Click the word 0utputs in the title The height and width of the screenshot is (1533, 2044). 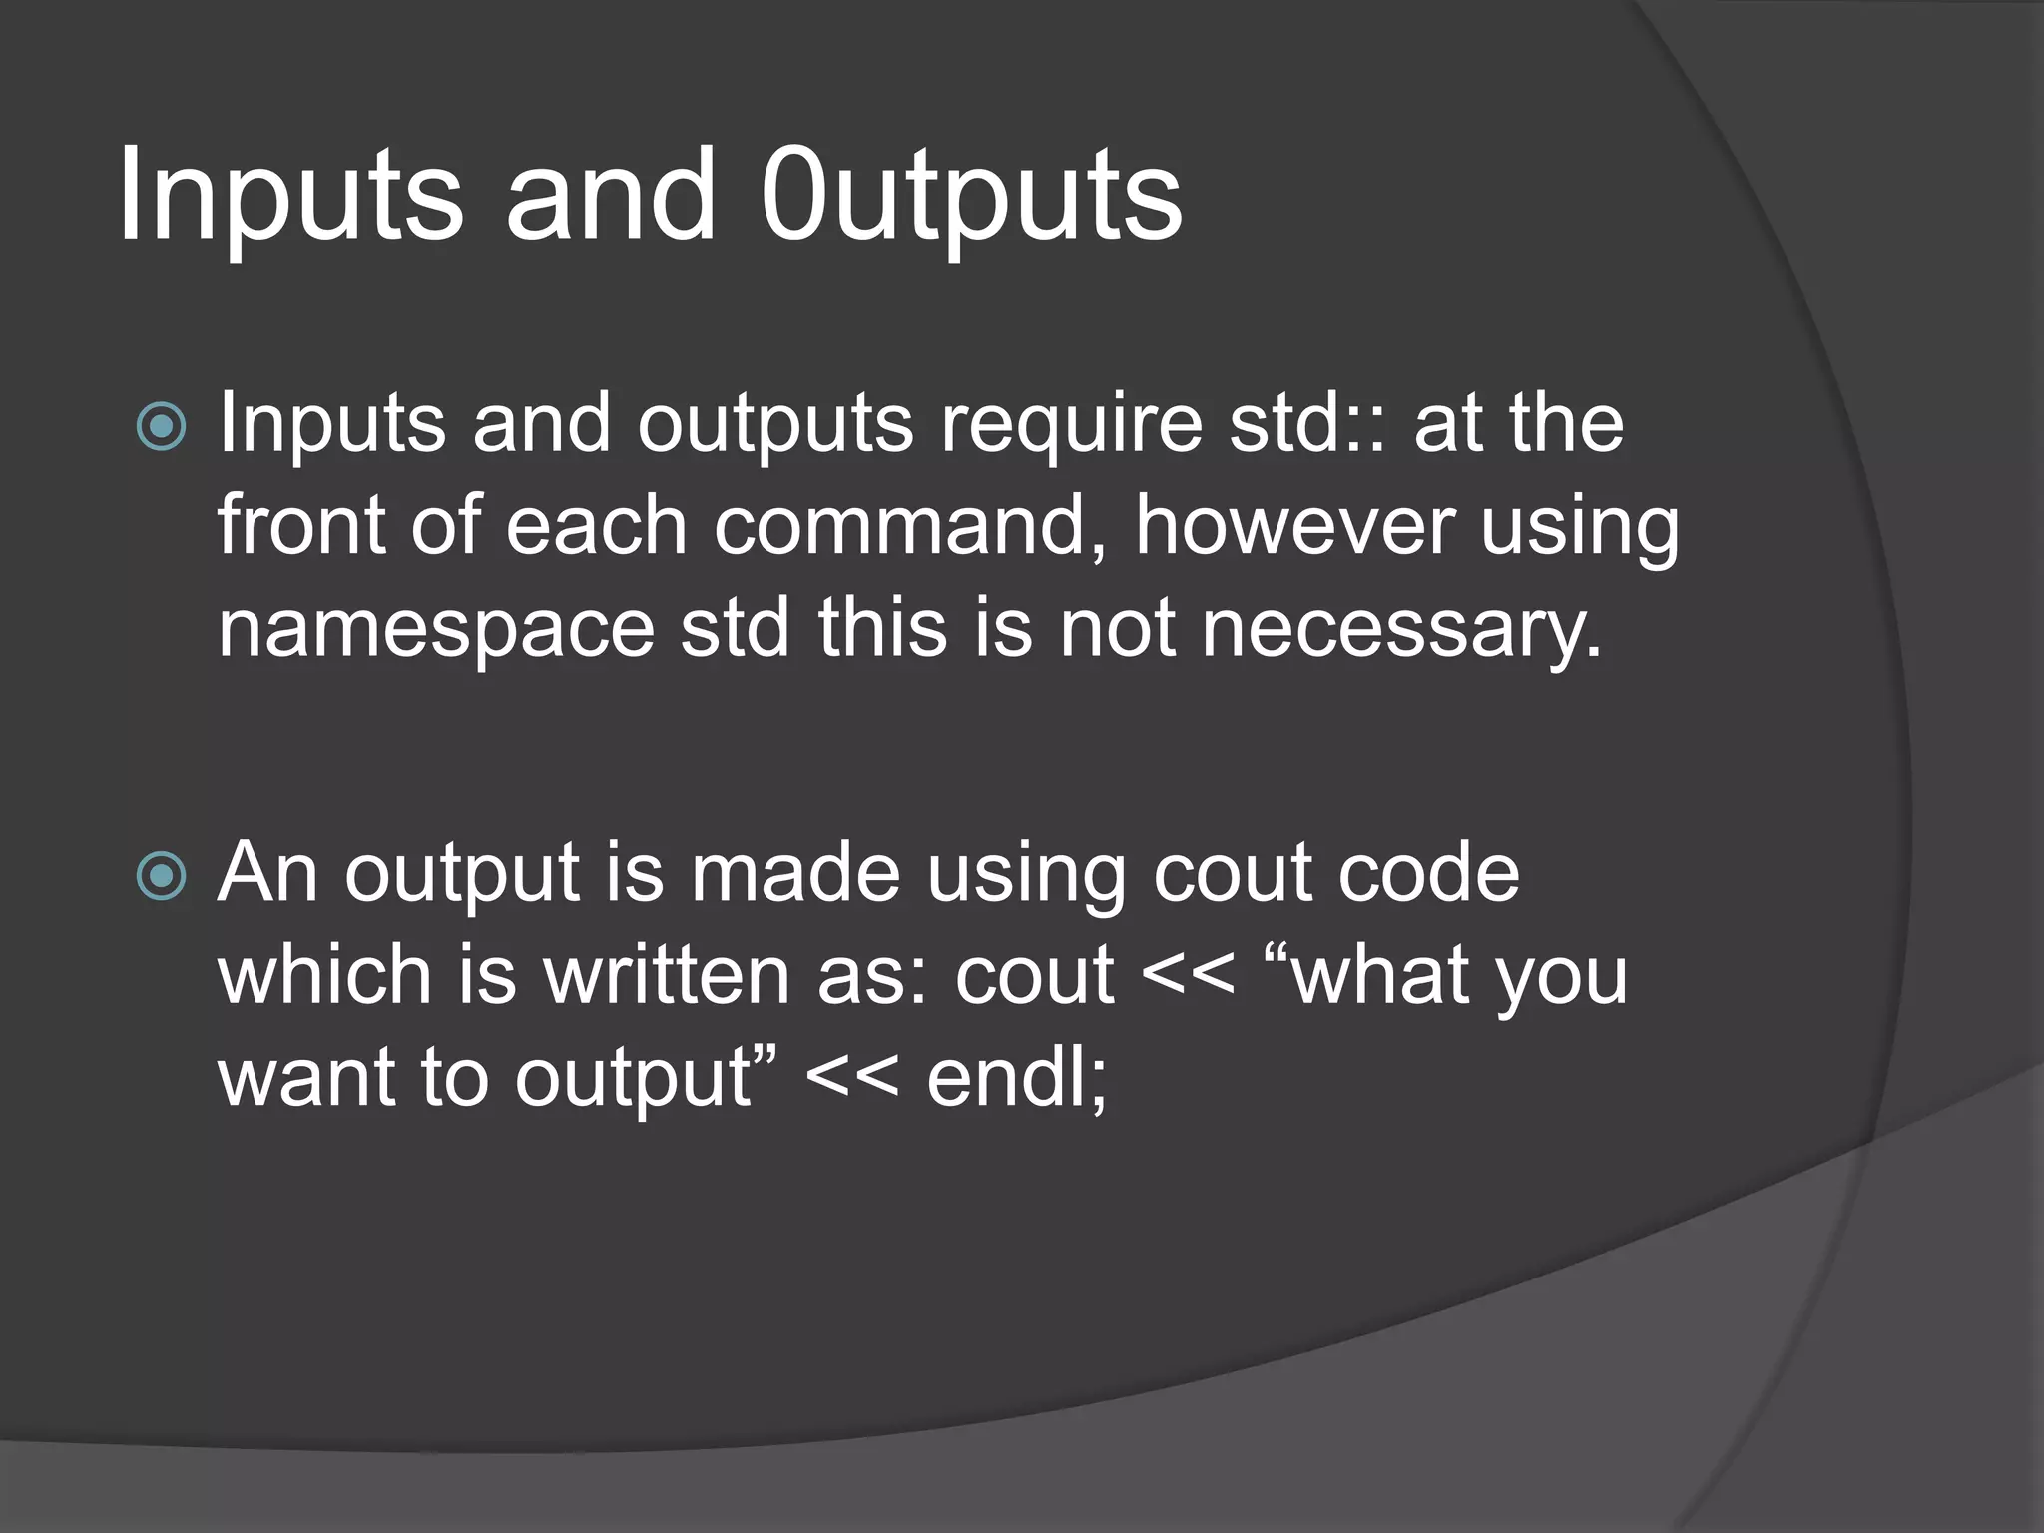970,198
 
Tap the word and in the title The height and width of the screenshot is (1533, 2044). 611,198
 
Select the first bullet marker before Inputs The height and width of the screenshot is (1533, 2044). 161,427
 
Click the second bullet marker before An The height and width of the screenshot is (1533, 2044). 161,877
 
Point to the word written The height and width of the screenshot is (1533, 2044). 668,976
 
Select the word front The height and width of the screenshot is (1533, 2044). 300,527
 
